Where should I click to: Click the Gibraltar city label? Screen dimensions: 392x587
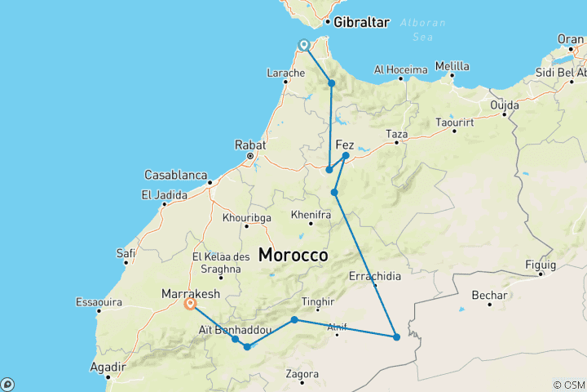point(361,23)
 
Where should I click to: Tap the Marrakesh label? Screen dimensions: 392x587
point(188,292)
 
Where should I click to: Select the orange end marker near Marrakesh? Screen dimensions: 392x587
point(190,304)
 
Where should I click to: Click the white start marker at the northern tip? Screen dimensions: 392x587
point(304,45)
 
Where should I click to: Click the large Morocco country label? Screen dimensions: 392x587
point(293,255)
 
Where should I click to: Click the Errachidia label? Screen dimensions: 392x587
point(375,276)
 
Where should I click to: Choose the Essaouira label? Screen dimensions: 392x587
point(100,301)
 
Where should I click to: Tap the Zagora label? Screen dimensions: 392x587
point(302,374)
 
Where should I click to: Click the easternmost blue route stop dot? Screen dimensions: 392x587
point(397,336)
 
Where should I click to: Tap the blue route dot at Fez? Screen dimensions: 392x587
point(346,155)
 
